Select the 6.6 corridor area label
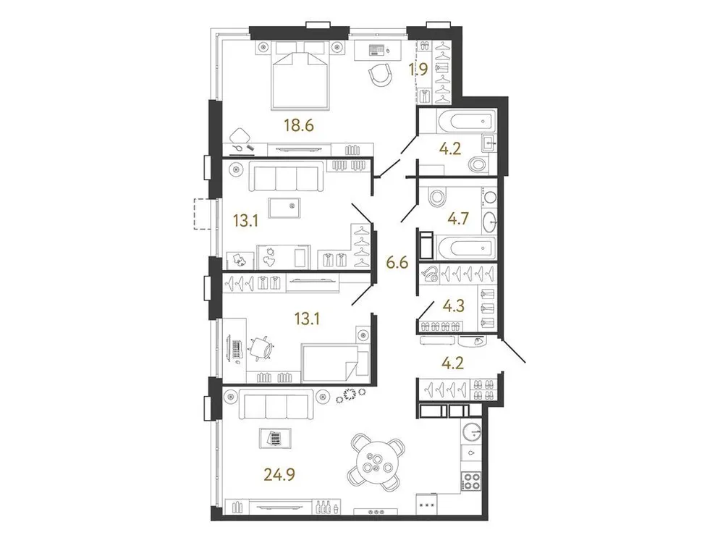pyautogui.click(x=399, y=262)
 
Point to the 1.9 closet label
pyautogui.click(x=418, y=70)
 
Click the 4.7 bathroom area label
pyautogui.click(x=459, y=216)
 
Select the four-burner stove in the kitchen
pyautogui.click(x=472, y=480)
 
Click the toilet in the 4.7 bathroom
pyautogui.click(x=437, y=196)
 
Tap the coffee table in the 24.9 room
pyautogui.click(x=274, y=438)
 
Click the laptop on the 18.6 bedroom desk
pyautogui.click(x=376, y=50)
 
